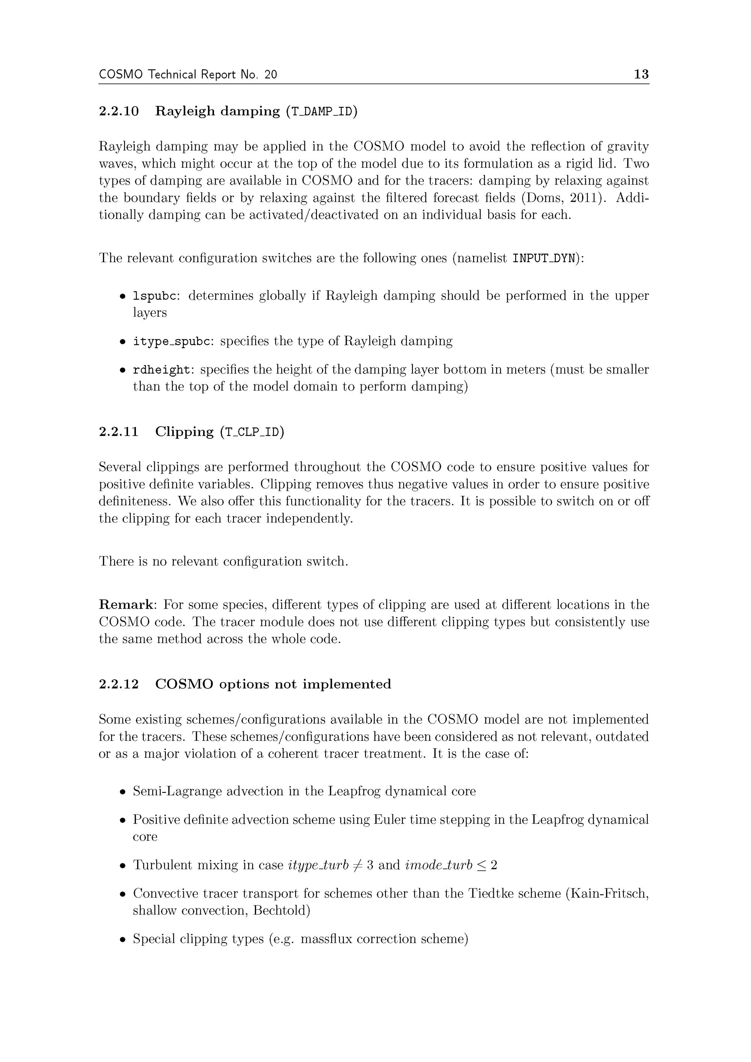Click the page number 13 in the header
pyautogui.click(x=641, y=74)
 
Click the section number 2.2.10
pyautogui.click(x=119, y=112)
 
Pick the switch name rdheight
pyautogui.click(x=161, y=370)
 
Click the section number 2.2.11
pyautogui.click(x=119, y=432)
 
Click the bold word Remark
pyautogui.click(x=126, y=605)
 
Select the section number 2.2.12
pyautogui.click(x=119, y=684)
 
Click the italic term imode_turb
pyautogui.click(x=438, y=865)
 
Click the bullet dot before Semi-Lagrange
pyautogui.click(x=122, y=792)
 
